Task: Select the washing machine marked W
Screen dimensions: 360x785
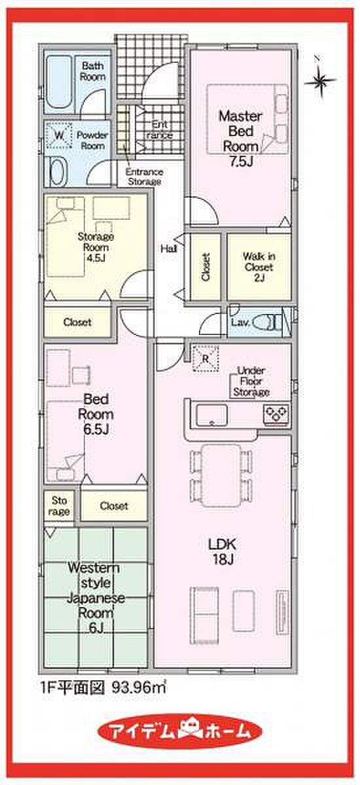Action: click(x=58, y=134)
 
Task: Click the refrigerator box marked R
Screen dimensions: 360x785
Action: click(x=206, y=358)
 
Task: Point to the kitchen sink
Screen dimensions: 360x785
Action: click(x=211, y=415)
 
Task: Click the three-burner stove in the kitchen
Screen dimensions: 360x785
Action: click(x=277, y=413)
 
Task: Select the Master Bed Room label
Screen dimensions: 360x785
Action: click(x=240, y=139)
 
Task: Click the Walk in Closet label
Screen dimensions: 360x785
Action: click(x=259, y=267)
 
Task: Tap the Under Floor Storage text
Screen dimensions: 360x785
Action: click(x=251, y=381)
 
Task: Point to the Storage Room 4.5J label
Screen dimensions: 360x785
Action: click(x=96, y=247)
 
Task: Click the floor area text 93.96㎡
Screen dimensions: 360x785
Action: click(x=139, y=688)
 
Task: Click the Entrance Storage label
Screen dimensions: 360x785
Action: click(x=144, y=177)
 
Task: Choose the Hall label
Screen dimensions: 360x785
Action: click(x=169, y=249)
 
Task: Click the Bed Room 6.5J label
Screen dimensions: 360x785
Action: click(x=96, y=414)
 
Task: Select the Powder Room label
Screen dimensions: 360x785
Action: click(x=92, y=140)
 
